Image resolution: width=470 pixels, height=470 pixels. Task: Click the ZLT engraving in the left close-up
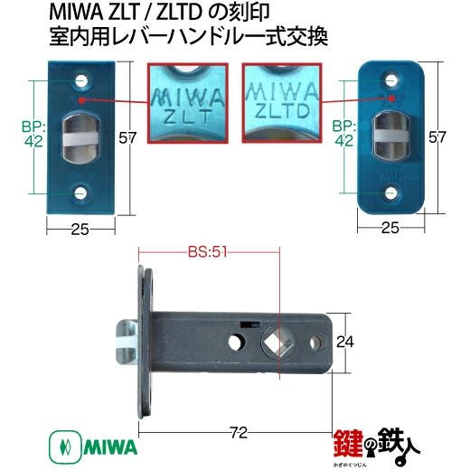[x=187, y=117]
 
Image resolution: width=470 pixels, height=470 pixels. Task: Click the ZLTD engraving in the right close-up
[x=282, y=110]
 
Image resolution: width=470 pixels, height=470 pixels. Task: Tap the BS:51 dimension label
[x=207, y=252]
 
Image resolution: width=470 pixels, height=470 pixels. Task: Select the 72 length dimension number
[x=238, y=433]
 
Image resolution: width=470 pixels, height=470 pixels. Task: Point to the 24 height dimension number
[x=345, y=342]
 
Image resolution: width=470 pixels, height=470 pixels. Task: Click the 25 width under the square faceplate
[x=80, y=230]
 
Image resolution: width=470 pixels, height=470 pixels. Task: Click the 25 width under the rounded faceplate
[x=390, y=228]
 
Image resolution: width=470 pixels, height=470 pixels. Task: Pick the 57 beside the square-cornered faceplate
[x=127, y=138]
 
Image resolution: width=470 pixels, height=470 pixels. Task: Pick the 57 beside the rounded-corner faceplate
[x=437, y=137]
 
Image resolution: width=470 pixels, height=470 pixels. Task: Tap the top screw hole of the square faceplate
[x=80, y=80]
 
